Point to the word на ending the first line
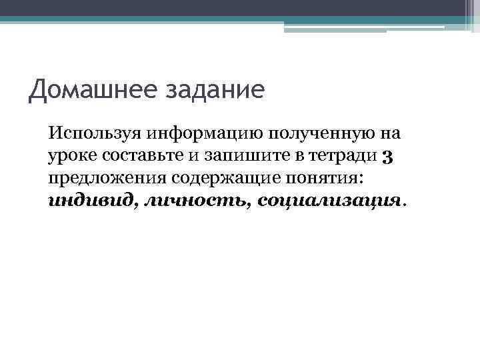click(390, 133)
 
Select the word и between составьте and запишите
click(189, 156)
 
